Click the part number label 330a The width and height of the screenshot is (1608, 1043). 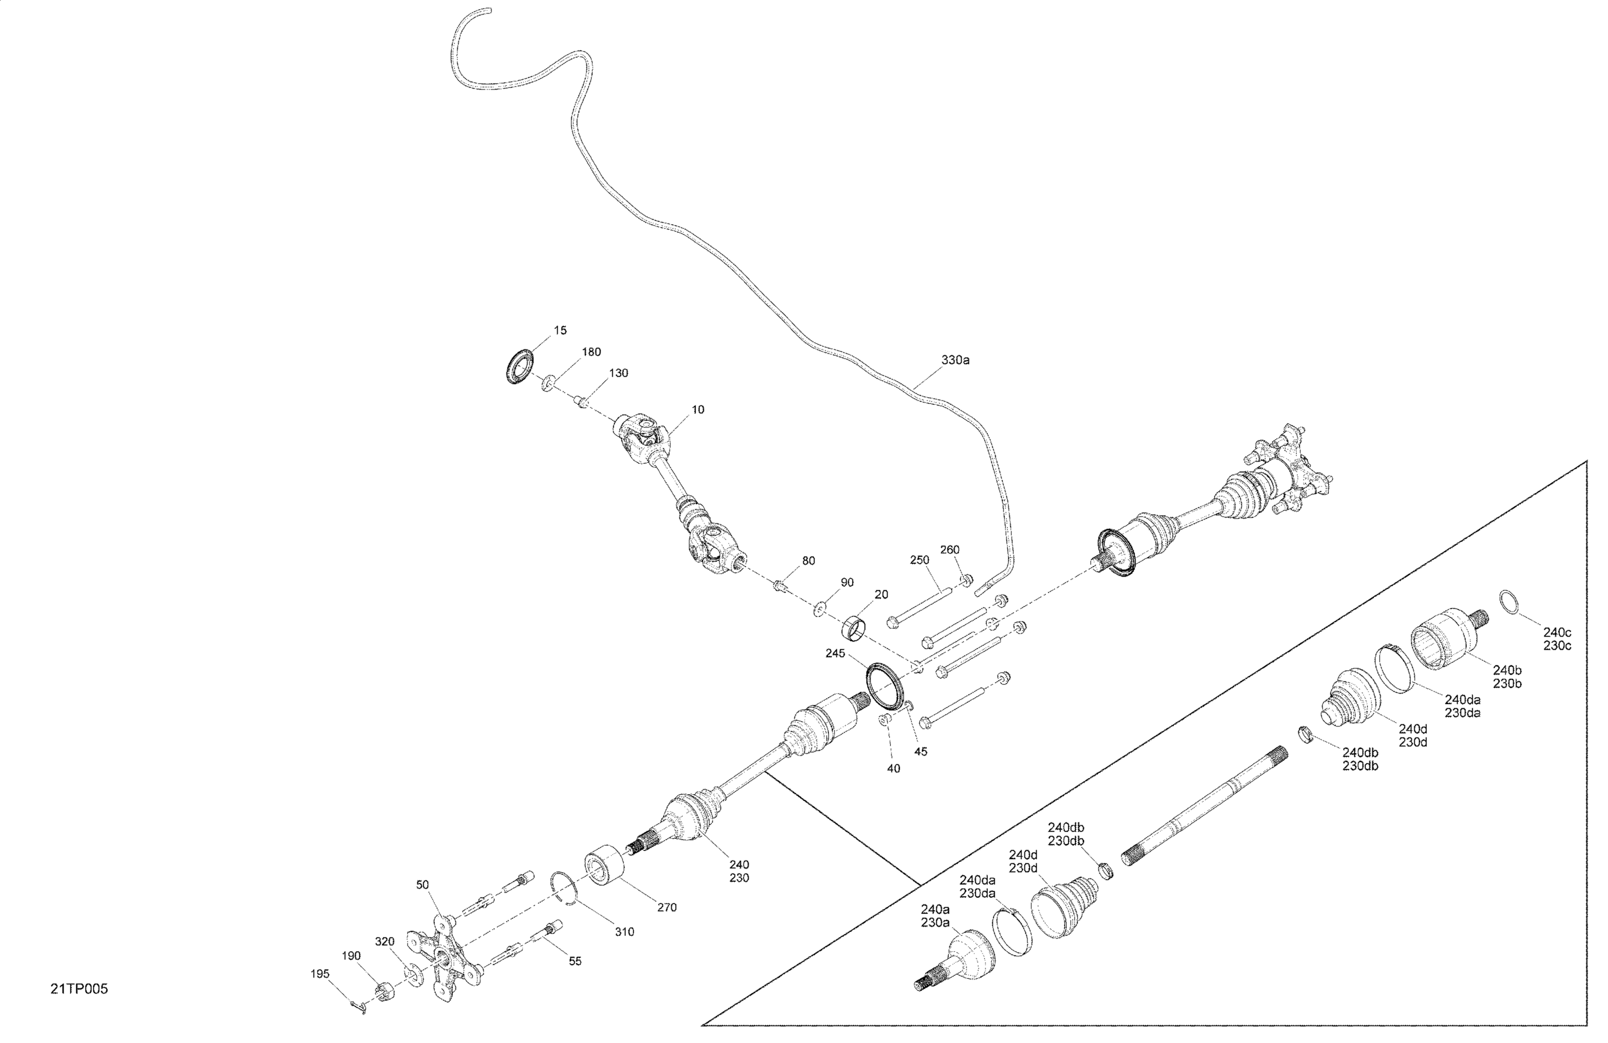click(955, 360)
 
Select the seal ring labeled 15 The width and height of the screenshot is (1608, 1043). click(519, 366)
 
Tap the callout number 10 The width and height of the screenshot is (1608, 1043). click(697, 410)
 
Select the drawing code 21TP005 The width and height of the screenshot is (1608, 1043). click(79, 989)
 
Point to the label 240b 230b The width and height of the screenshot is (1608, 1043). click(1507, 677)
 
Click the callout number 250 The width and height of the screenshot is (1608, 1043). click(920, 560)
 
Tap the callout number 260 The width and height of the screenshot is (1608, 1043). click(950, 550)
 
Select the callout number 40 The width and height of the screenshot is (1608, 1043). click(893, 768)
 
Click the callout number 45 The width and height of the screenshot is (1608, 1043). click(920, 751)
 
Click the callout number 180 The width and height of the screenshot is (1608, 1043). click(591, 352)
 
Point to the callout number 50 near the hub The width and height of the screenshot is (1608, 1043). click(422, 885)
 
